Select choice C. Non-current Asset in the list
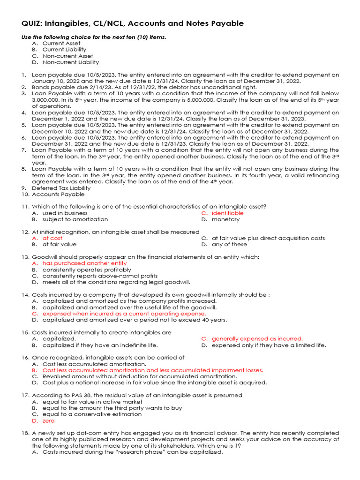tap(67, 56)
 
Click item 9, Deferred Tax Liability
tap(61, 188)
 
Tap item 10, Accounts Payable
tap(58, 194)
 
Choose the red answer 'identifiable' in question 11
tap(227, 213)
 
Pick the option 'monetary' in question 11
tap(225, 219)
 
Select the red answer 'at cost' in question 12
tap(52, 238)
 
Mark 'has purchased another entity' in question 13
tap(84, 263)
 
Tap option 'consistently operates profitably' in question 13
tap(87, 270)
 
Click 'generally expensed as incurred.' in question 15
tap(257, 338)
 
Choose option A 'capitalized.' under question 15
tap(59, 338)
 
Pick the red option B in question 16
tap(152, 370)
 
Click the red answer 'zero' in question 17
tap(49, 420)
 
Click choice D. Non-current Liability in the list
tap(70, 62)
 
